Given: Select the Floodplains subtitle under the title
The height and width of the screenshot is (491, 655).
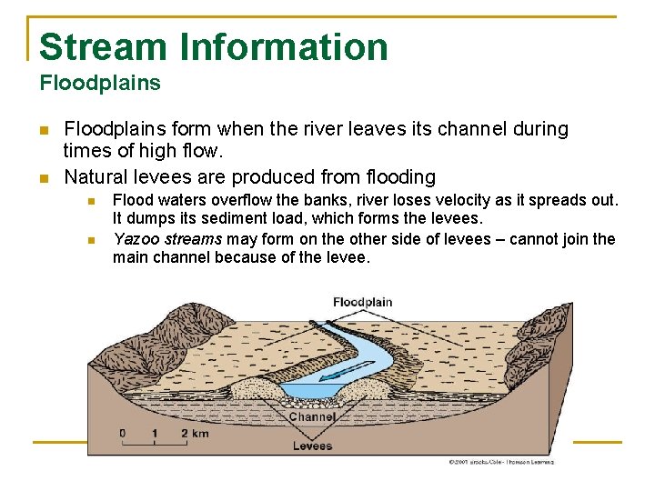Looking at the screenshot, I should (100, 84).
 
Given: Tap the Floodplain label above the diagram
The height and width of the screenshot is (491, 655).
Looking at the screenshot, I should (362, 302).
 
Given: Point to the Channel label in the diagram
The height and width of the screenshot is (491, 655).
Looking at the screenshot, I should (312, 417).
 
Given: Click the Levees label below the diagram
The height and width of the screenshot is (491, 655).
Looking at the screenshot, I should (312, 446).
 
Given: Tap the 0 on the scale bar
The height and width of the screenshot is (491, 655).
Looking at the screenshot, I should (123, 433).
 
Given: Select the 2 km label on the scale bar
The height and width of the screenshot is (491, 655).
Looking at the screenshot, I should (196, 433).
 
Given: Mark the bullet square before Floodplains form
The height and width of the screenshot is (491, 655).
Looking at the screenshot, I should (43, 130).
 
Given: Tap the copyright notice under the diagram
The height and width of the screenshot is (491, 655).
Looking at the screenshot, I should (500, 462).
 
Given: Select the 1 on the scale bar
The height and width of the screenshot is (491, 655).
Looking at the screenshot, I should (155, 433).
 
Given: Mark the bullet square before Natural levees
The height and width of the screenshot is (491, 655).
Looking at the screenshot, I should (43, 177).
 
